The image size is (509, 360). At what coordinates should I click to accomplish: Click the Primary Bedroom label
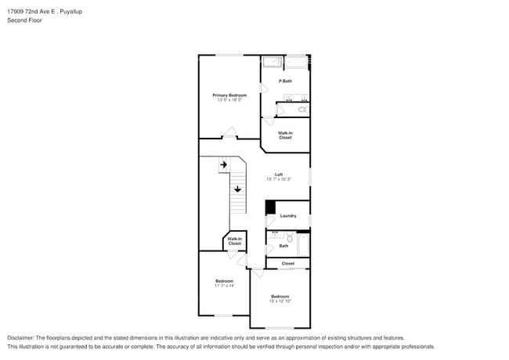(x=229, y=95)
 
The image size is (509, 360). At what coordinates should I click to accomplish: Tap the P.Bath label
(x=285, y=81)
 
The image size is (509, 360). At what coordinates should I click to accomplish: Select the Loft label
(x=279, y=174)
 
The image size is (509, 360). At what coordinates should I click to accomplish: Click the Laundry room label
(x=288, y=215)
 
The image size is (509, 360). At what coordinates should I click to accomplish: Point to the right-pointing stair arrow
(x=223, y=165)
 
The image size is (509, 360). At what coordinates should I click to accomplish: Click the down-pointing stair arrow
(x=237, y=189)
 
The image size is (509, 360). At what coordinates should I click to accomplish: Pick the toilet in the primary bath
(x=304, y=110)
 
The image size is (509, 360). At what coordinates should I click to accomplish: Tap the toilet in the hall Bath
(x=289, y=237)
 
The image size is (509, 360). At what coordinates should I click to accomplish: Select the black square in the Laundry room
(x=270, y=207)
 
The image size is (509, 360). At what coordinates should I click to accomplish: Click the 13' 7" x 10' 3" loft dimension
(x=279, y=179)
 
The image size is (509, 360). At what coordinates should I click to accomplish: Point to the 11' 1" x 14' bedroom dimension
(x=225, y=286)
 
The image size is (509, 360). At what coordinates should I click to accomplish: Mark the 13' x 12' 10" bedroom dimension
(x=280, y=301)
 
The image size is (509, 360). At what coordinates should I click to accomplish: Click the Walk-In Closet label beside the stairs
(x=235, y=242)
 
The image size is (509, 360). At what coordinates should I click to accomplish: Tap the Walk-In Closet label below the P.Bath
(x=285, y=135)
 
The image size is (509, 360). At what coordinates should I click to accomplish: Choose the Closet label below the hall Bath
(x=288, y=263)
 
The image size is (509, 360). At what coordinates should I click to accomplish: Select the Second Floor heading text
(x=24, y=20)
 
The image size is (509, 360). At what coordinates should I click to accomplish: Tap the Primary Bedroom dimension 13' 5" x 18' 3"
(x=229, y=100)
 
